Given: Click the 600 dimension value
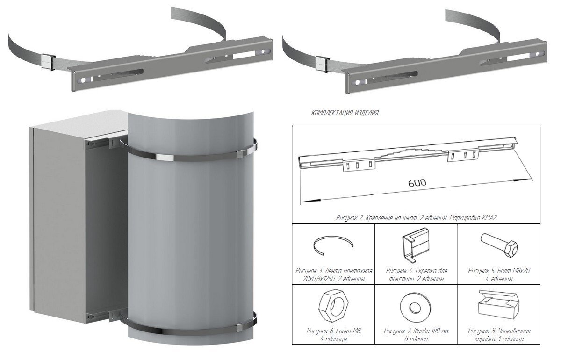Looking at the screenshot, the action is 417,183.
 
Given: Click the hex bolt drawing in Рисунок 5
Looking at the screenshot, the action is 499,245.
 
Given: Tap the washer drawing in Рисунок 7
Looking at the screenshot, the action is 415,306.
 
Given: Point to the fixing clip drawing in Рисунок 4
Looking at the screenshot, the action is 416,245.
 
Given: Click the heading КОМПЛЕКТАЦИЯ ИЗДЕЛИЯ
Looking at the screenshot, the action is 345,113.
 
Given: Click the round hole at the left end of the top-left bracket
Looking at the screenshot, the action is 83,80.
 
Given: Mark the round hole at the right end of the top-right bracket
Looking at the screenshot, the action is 537,54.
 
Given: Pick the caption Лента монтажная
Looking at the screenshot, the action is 349,271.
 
